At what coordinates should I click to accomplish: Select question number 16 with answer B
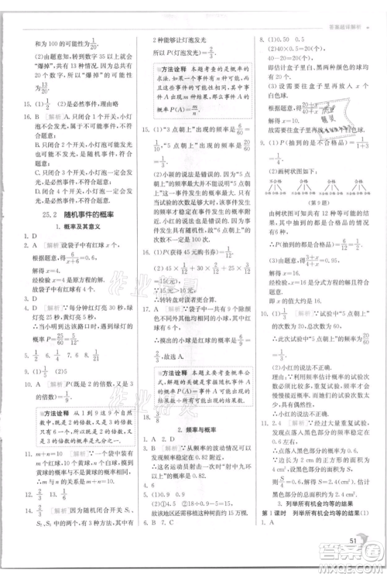tap(16, 117)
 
